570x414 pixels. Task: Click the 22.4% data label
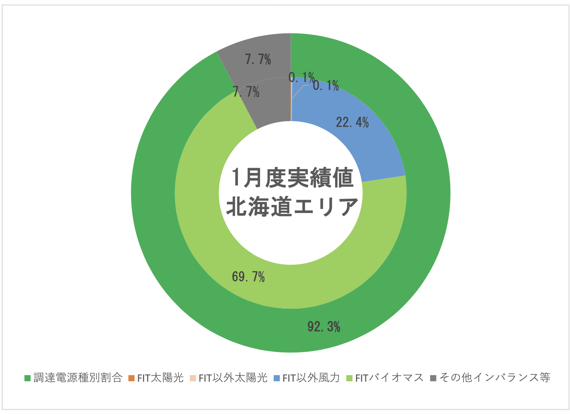coord(352,122)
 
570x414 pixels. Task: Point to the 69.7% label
coord(248,277)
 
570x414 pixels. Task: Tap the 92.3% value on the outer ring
coord(324,327)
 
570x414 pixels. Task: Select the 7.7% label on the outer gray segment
coord(258,60)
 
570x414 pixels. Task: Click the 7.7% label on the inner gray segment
coord(246,93)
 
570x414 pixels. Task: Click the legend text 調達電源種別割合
coord(78,378)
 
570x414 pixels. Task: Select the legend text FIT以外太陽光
coord(233,378)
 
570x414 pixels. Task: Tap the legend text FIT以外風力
coord(311,378)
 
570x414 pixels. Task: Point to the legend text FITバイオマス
coord(389,378)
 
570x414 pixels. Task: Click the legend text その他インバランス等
coord(494,378)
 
